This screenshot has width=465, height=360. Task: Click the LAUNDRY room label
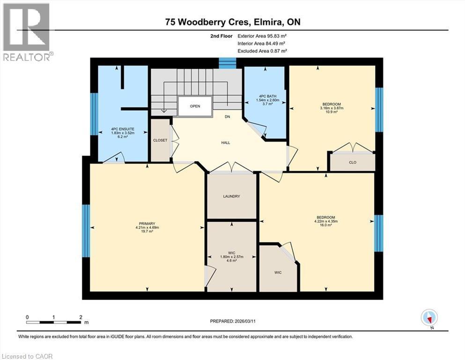[x=232, y=196]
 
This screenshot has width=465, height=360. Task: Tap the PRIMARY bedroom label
[x=147, y=224]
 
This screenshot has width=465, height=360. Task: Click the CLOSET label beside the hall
[x=160, y=140]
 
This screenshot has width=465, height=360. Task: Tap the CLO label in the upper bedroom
[x=353, y=163]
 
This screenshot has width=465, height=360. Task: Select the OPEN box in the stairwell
[x=195, y=106]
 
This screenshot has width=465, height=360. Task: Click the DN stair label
[x=228, y=117]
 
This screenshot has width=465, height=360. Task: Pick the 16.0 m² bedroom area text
[x=326, y=225]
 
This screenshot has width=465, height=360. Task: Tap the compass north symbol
[x=429, y=318]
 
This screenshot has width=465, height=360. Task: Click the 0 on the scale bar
[x=27, y=317]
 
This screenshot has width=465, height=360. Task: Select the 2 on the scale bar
[x=81, y=317]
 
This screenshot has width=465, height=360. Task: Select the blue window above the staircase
[x=228, y=63]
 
